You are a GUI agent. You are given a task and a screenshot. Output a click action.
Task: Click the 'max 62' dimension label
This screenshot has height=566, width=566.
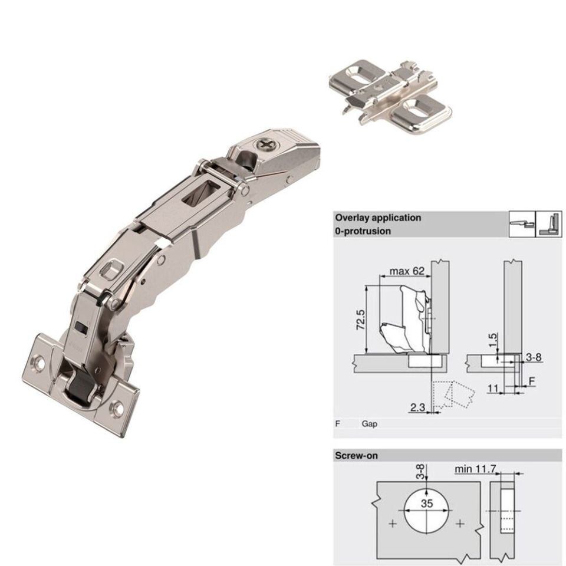point(407,271)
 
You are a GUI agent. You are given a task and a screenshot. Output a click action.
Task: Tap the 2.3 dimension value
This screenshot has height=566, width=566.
point(417,407)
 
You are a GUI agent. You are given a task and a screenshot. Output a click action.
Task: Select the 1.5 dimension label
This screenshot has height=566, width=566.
point(493,340)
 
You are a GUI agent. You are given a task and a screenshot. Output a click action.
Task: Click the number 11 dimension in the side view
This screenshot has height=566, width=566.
point(493,389)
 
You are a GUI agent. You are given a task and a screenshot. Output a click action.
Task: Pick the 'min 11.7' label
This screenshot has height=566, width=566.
point(475,469)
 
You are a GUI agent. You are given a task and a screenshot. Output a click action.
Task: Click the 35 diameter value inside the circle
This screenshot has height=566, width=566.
point(426,503)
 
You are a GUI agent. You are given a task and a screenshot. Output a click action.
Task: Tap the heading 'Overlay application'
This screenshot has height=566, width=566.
point(378,218)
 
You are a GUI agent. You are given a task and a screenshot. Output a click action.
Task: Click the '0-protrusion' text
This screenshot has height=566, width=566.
point(363,231)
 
